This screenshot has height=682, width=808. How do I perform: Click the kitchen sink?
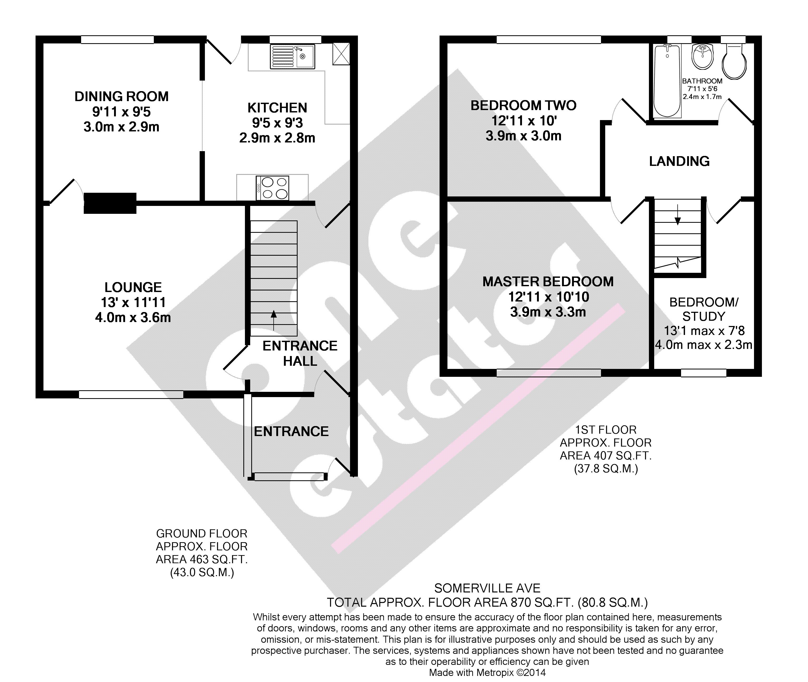pyautogui.click(x=293, y=56)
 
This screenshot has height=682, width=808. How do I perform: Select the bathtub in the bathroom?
pyautogui.click(x=667, y=81)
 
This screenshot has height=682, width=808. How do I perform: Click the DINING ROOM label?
pyautogui.click(x=121, y=96)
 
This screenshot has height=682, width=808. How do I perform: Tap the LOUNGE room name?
pyautogui.click(x=133, y=287)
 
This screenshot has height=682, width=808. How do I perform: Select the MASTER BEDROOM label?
pyautogui.click(x=548, y=281)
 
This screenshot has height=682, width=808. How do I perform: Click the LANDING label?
pyautogui.click(x=679, y=161)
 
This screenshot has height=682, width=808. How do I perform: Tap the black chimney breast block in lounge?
pyautogui.click(x=110, y=203)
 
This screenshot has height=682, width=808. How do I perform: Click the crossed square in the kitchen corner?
pyautogui.click(x=341, y=54)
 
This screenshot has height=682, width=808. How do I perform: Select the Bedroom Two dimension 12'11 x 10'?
pyautogui.click(x=524, y=121)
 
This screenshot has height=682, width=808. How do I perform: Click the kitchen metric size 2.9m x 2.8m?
pyautogui.click(x=277, y=138)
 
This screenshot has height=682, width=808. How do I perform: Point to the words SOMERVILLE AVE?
pyautogui.click(x=487, y=588)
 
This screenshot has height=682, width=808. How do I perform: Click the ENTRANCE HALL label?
pyautogui.click(x=300, y=353)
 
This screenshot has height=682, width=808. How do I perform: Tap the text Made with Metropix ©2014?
pyautogui.click(x=487, y=672)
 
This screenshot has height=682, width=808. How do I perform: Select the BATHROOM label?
pyautogui.click(x=702, y=81)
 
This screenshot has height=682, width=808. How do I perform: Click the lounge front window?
pyautogui.click(x=131, y=394)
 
